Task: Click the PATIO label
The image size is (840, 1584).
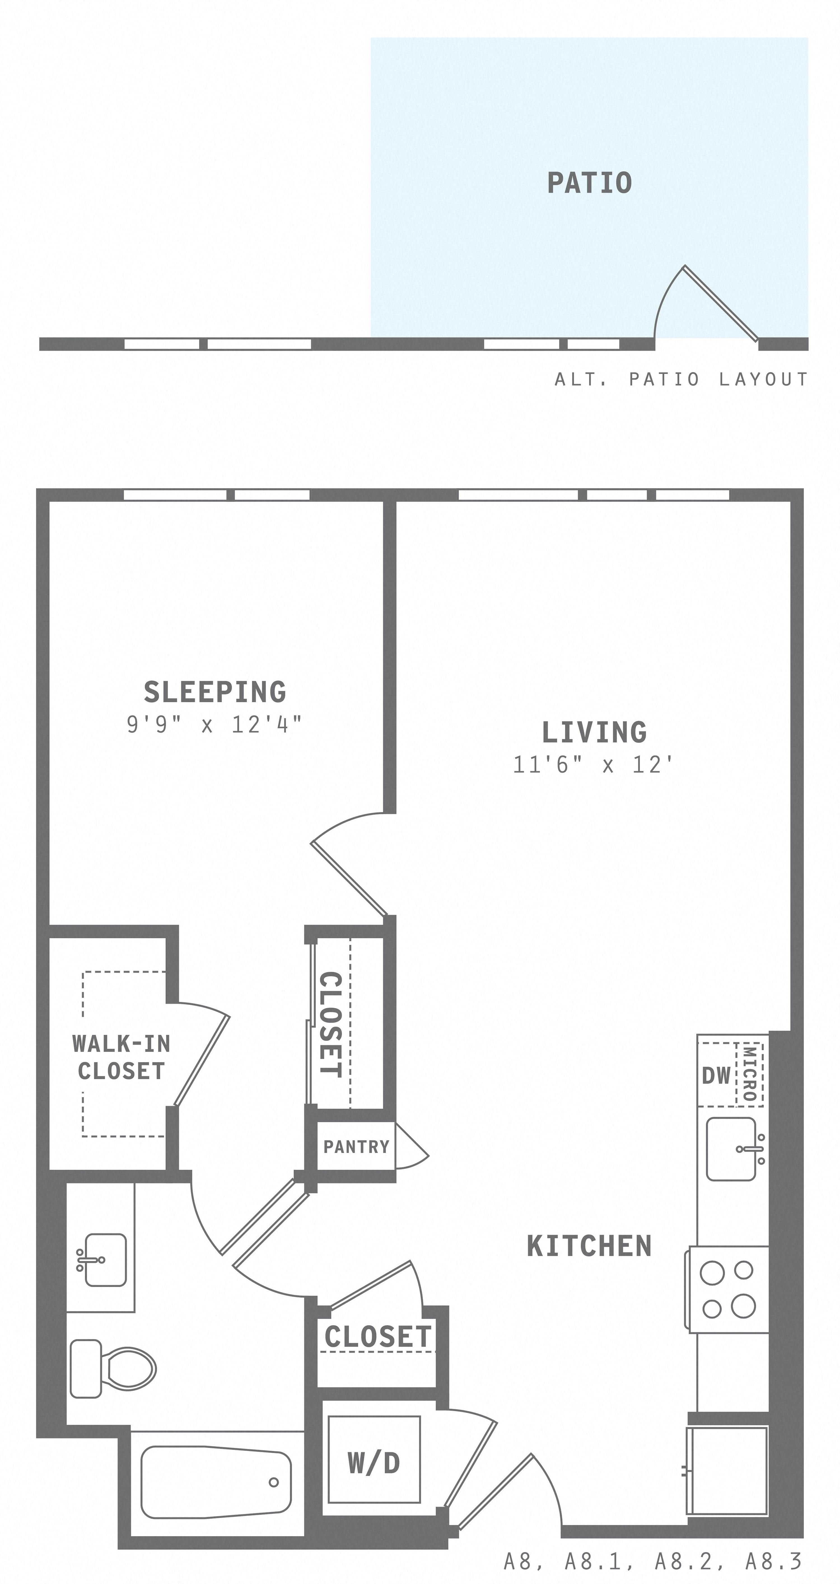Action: coord(589,183)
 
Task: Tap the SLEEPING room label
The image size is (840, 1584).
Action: coord(214,692)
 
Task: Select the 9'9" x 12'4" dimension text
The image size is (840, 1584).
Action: coord(214,724)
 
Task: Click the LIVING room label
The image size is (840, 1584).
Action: coord(594,732)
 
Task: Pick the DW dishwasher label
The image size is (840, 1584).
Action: coord(717,1075)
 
